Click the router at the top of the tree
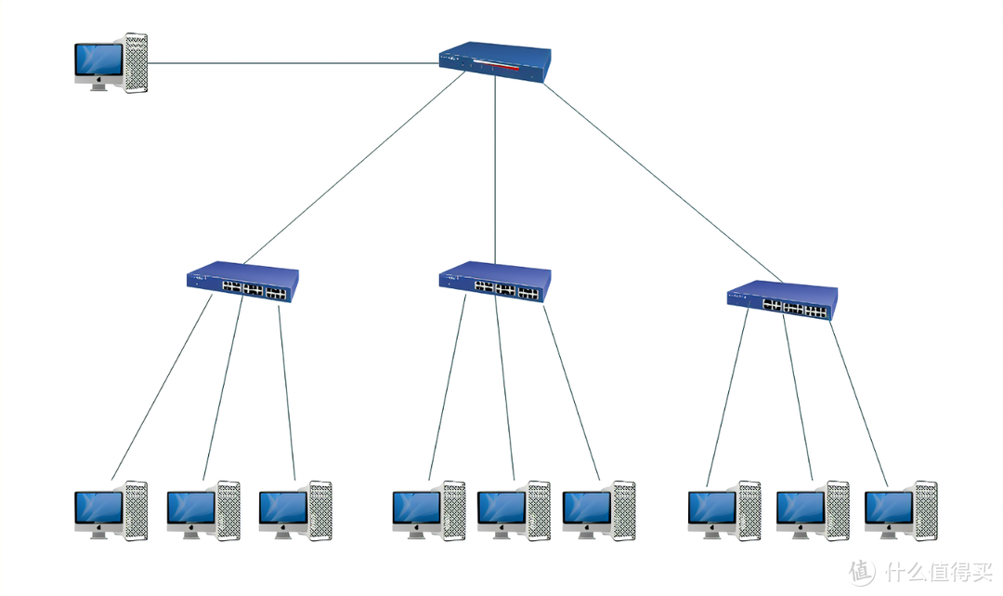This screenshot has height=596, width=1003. [496, 63]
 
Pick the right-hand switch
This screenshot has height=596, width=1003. [782, 300]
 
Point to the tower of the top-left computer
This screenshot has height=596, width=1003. [136, 63]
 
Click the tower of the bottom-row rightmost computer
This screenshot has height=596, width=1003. [925, 510]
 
